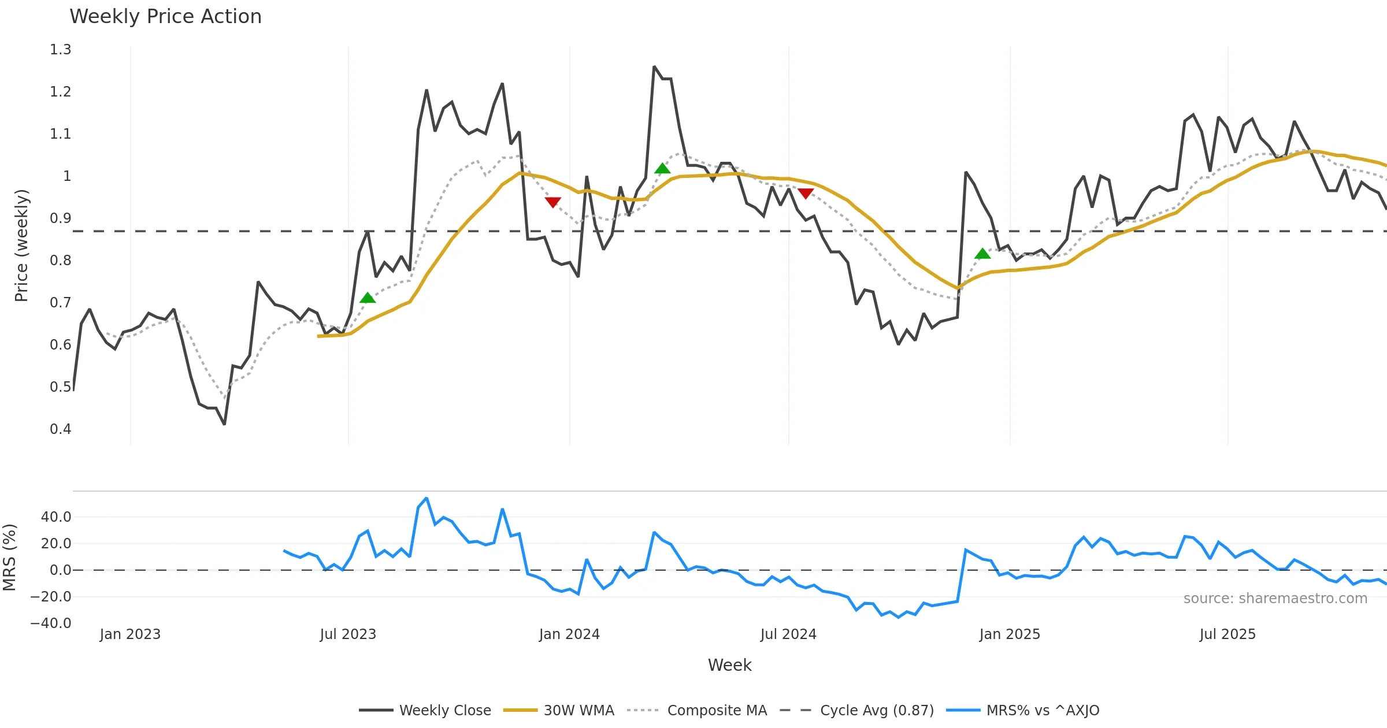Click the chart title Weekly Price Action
[x=165, y=17]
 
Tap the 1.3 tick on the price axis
[x=61, y=50]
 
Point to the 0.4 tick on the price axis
[x=61, y=429]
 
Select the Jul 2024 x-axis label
[x=788, y=634]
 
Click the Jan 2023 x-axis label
[x=130, y=634]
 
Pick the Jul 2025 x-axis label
[x=1227, y=634]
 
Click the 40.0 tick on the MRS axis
[x=56, y=517]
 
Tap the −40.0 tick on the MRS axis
[x=51, y=623]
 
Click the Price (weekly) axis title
[x=21, y=246]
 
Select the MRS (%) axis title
[x=9, y=558]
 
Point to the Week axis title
[x=730, y=666]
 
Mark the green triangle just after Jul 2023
[x=368, y=298]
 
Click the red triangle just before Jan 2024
[x=553, y=202]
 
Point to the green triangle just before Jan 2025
[x=982, y=254]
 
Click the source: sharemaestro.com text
[x=1275, y=599]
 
